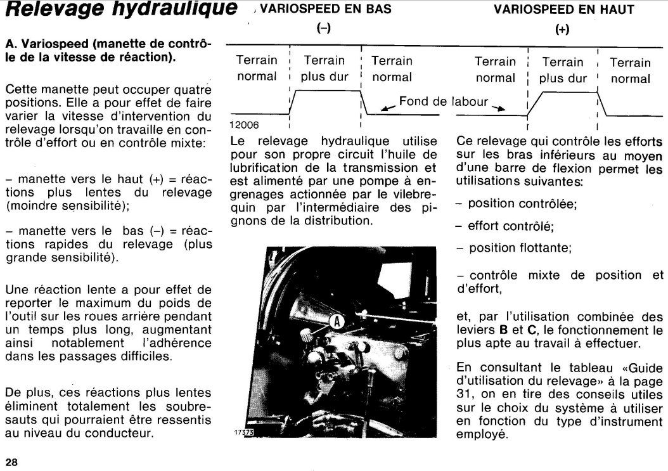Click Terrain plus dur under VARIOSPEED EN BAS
pos(324,69)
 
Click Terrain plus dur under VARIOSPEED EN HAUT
pos(563,70)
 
